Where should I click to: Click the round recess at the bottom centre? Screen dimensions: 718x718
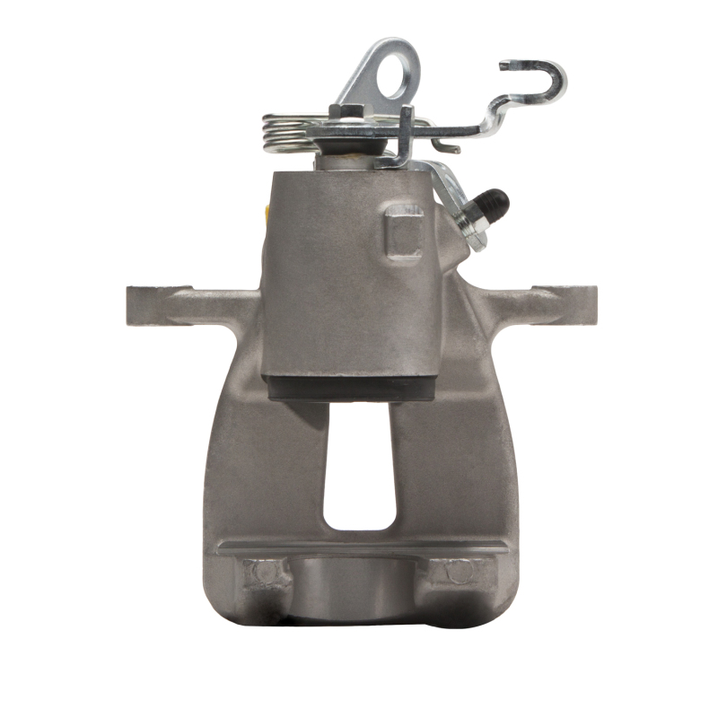click(x=359, y=588)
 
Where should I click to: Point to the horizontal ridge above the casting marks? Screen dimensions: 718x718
click(x=359, y=545)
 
